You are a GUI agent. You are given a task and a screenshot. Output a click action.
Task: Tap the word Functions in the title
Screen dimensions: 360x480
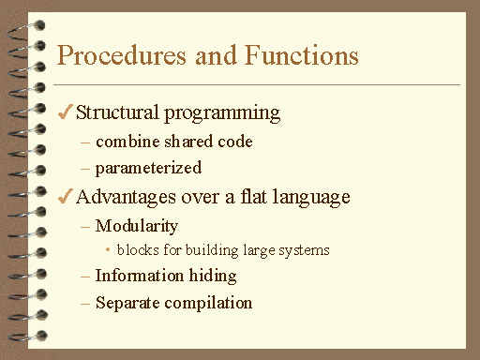[296, 55]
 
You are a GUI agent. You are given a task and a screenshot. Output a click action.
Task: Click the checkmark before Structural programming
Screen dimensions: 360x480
[65, 113]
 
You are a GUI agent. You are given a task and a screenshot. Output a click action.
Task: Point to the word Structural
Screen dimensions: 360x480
[117, 113]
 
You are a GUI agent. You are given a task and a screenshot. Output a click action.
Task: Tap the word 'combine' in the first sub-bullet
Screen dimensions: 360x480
[127, 142]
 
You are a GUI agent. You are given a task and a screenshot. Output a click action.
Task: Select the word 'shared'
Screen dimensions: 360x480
[187, 142]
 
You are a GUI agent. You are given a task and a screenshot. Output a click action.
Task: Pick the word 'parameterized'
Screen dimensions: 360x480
[148, 169]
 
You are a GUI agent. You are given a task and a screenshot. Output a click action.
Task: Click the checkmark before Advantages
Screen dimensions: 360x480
[65, 197]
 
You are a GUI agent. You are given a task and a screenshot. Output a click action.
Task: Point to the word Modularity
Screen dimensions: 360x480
[137, 226]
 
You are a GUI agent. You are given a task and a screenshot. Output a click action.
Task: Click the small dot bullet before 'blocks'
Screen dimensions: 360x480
[109, 250]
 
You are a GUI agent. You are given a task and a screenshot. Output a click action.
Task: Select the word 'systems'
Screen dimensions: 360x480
[305, 251]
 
